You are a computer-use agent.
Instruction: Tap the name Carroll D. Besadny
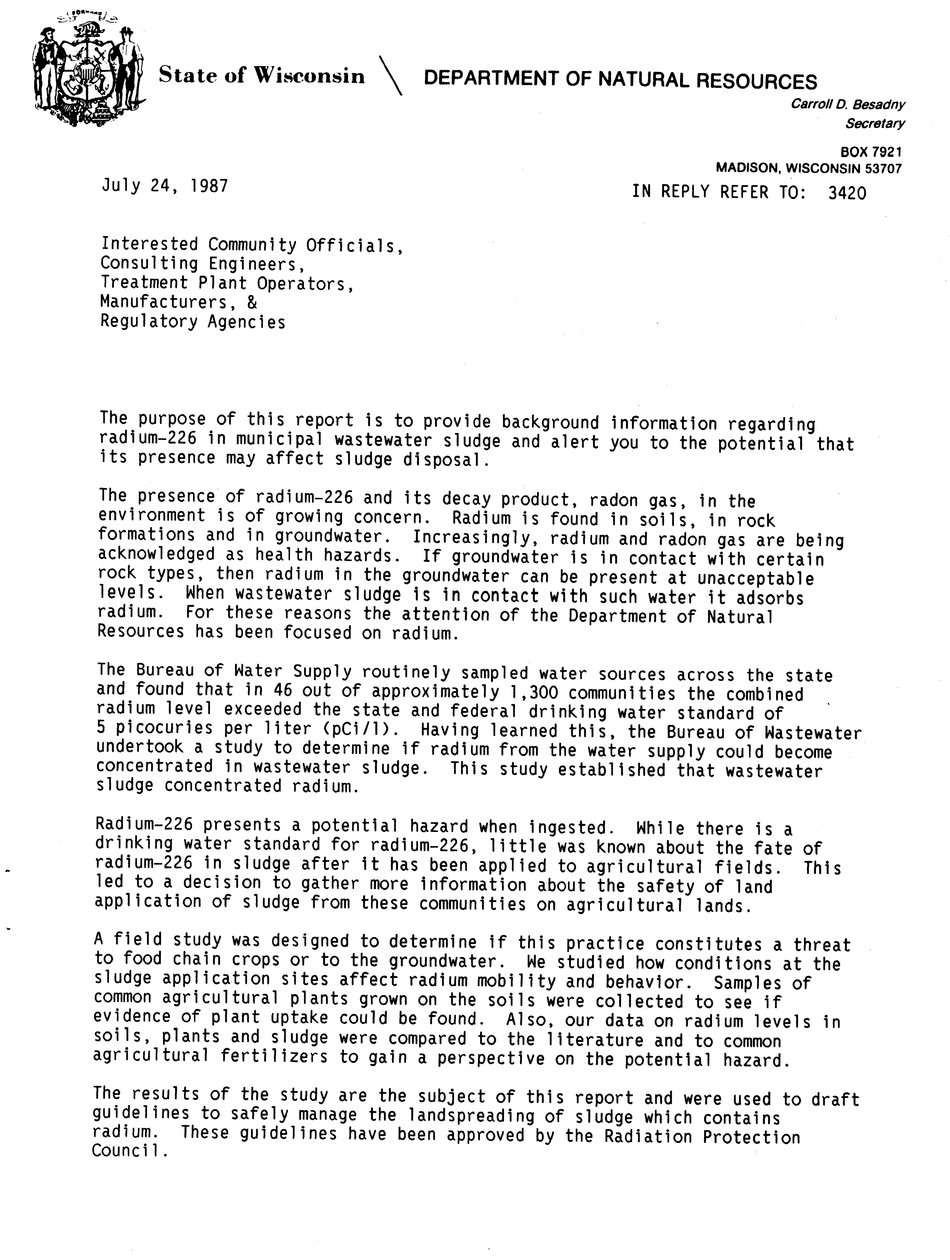[x=848, y=104]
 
